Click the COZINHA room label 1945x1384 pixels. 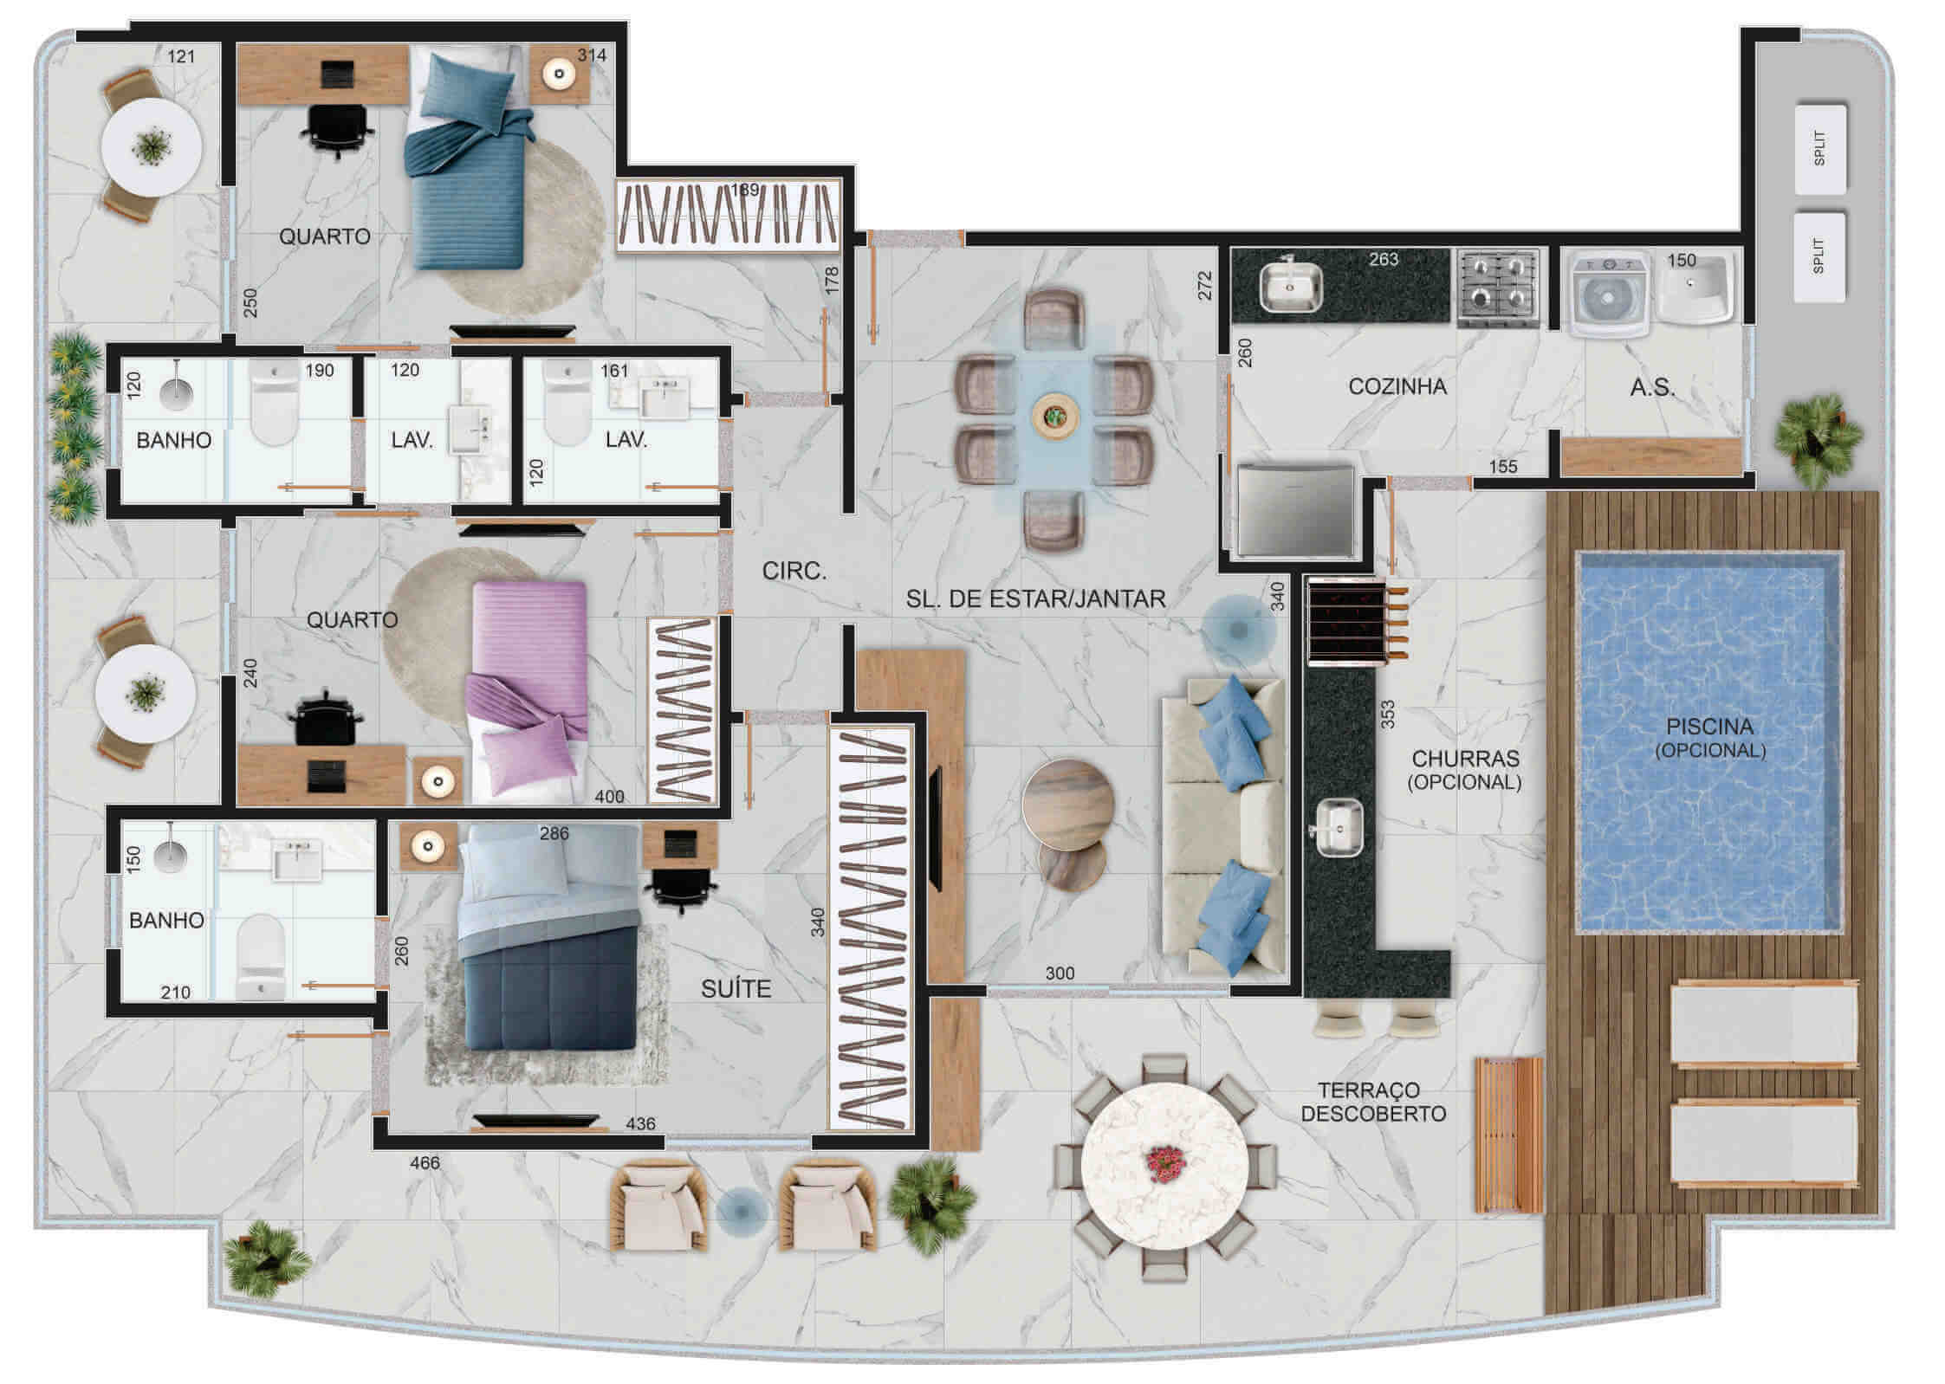point(1397,386)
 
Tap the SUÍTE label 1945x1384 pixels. point(736,989)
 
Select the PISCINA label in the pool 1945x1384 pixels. point(1709,727)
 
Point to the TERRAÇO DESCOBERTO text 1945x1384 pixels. point(1373,1102)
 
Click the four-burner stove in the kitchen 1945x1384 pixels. point(1498,288)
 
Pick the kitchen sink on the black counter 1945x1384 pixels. point(1290,283)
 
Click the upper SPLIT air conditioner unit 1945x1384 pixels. point(1819,149)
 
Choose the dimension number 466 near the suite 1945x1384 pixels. point(425,1162)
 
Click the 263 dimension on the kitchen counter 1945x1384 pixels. point(1384,258)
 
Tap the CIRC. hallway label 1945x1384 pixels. point(794,571)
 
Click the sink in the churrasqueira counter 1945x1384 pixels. point(1339,828)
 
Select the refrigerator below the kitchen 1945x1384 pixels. point(1295,510)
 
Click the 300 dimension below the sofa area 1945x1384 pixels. point(1060,973)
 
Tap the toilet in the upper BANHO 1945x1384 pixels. point(274,403)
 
